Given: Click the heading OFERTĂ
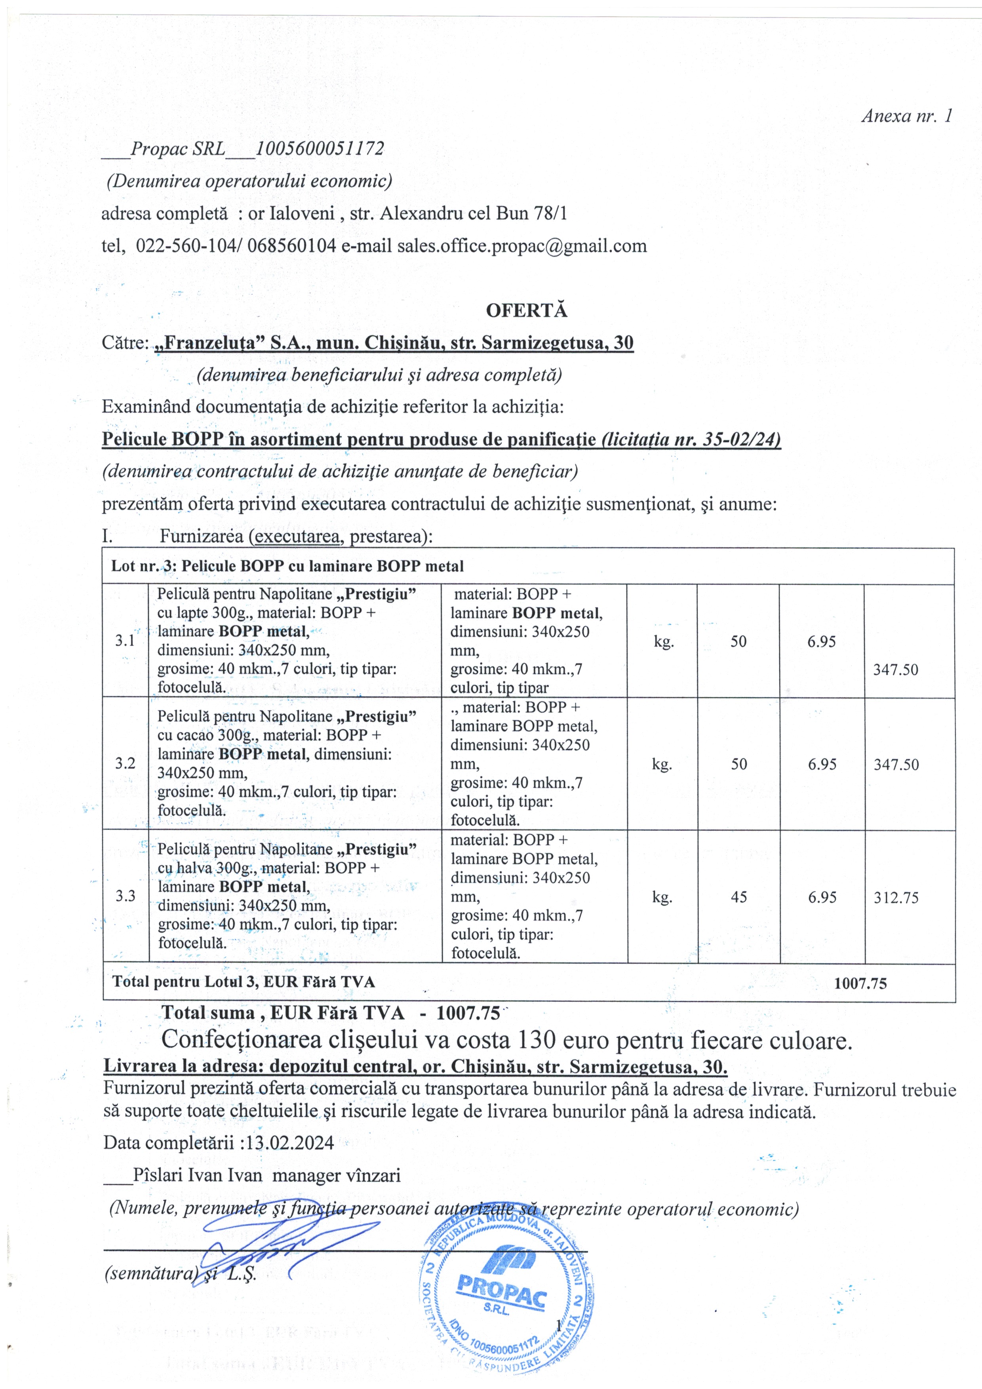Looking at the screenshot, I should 526,310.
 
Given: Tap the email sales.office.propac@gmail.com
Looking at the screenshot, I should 521,245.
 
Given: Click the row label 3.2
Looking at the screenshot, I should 125,763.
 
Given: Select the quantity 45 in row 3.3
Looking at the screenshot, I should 739,896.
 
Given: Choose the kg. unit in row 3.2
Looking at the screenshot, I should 662,764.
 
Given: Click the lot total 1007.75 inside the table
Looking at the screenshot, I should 860,984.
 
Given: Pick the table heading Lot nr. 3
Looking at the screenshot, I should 142,566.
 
